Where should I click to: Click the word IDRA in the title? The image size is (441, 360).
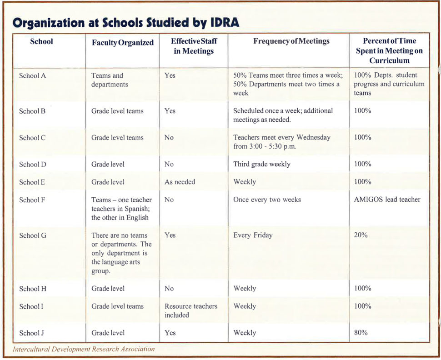225,22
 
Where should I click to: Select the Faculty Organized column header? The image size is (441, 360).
123,42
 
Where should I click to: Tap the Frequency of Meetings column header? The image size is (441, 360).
291,41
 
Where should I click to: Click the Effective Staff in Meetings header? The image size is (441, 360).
194,46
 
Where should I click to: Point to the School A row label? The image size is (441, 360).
32,75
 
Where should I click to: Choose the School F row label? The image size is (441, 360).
32,200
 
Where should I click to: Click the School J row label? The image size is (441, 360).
31,333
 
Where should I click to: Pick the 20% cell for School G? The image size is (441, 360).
361,235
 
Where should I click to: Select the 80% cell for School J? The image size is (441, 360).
361,332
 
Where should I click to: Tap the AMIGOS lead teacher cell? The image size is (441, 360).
387,200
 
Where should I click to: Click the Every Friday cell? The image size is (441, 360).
253,235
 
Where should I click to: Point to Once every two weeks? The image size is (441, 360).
267,200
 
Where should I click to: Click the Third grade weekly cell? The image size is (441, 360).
261,164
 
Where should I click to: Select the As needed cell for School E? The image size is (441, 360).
180,182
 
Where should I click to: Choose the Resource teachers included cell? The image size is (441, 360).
191,310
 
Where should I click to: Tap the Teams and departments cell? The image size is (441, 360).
110,80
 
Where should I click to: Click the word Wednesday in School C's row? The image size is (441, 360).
313,138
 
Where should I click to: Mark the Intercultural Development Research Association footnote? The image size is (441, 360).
84,349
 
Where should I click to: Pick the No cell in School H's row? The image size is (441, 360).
169,289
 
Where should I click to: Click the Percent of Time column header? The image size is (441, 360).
389,50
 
